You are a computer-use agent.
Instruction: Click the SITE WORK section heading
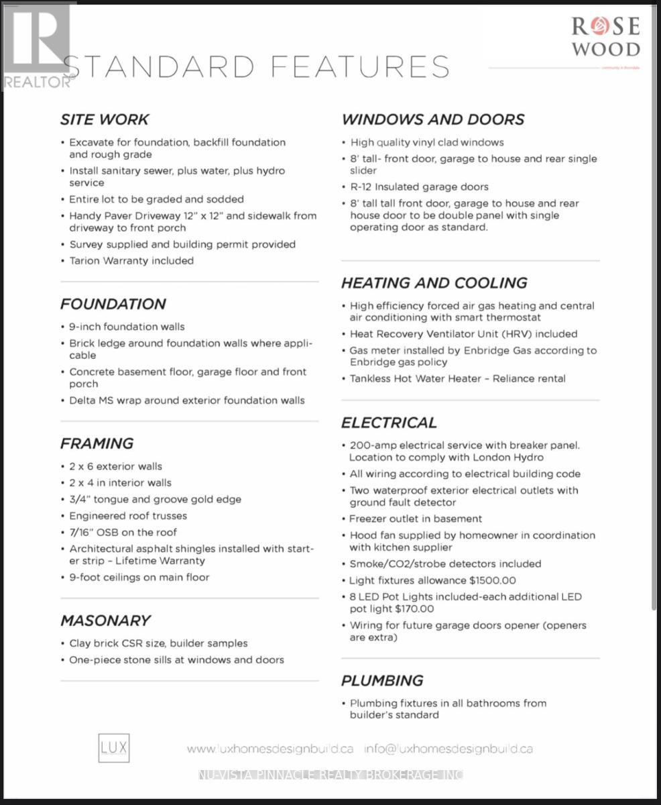tap(105, 120)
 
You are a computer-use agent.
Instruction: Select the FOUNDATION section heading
tap(113, 305)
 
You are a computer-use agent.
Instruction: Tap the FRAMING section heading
tap(97, 443)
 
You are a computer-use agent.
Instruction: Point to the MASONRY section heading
tap(105, 621)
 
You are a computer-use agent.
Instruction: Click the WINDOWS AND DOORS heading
tap(433, 120)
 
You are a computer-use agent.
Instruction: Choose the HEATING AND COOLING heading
tap(434, 283)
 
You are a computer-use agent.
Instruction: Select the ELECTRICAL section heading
tap(389, 423)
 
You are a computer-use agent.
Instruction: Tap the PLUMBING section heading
tap(382, 681)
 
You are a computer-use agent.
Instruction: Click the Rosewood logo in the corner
tap(605, 36)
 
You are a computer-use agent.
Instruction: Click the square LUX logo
tap(114, 748)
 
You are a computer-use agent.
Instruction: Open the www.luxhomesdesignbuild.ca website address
tap(270, 749)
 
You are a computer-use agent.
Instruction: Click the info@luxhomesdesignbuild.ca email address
tap(448, 749)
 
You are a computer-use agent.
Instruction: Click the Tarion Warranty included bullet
tap(131, 261)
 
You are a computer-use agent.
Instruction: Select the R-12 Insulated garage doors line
tap(419, 187)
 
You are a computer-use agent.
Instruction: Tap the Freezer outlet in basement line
tap(415, 519)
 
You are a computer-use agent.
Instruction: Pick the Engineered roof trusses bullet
tap(128, 516)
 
